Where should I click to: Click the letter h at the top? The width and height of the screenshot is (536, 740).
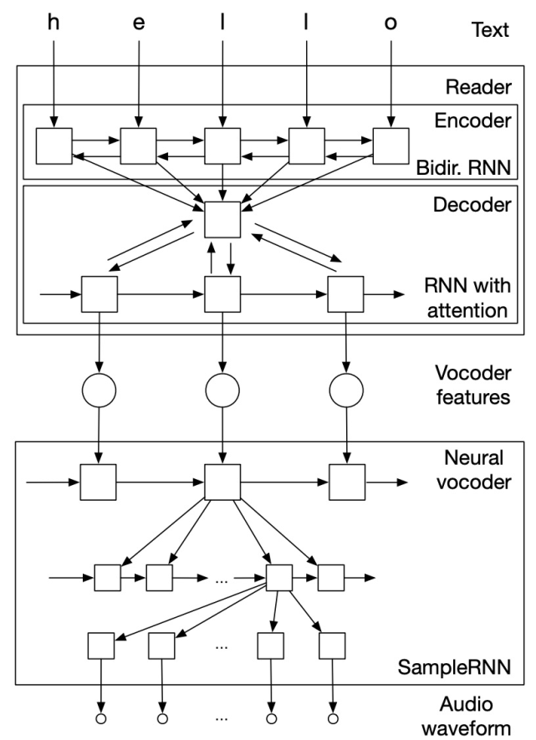pos(54,23)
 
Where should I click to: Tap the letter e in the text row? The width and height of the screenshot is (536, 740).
pos(139,23)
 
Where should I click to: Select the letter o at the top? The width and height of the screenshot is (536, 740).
pos(391,23)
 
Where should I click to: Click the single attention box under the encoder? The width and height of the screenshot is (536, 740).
pos(222,220)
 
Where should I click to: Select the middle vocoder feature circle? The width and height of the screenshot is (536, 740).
pos(222,389)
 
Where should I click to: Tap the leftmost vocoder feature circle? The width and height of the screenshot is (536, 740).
pos(99,389)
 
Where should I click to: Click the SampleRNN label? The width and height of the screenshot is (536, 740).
pos(464,668)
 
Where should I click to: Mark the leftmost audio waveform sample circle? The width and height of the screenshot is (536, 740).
pos(100,718)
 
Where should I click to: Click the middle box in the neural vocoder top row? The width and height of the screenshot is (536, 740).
pos(222,482)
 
